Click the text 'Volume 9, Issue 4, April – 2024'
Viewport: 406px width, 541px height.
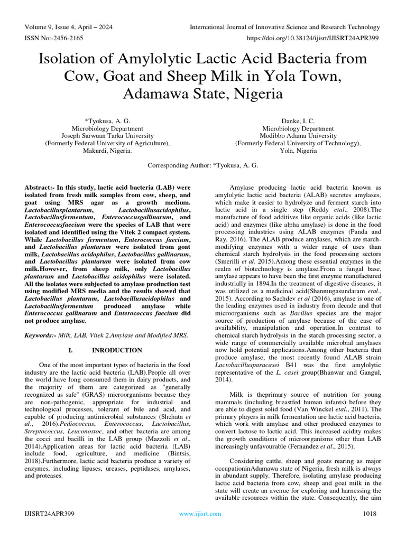[x=68, y=27]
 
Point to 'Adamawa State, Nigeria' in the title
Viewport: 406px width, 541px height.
[x=202, y=94]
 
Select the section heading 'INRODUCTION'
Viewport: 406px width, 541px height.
[x=117, y=350]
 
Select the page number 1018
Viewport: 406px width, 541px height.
[x=371, y=514]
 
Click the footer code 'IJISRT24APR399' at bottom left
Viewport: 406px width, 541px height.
[x=49, y=514]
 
